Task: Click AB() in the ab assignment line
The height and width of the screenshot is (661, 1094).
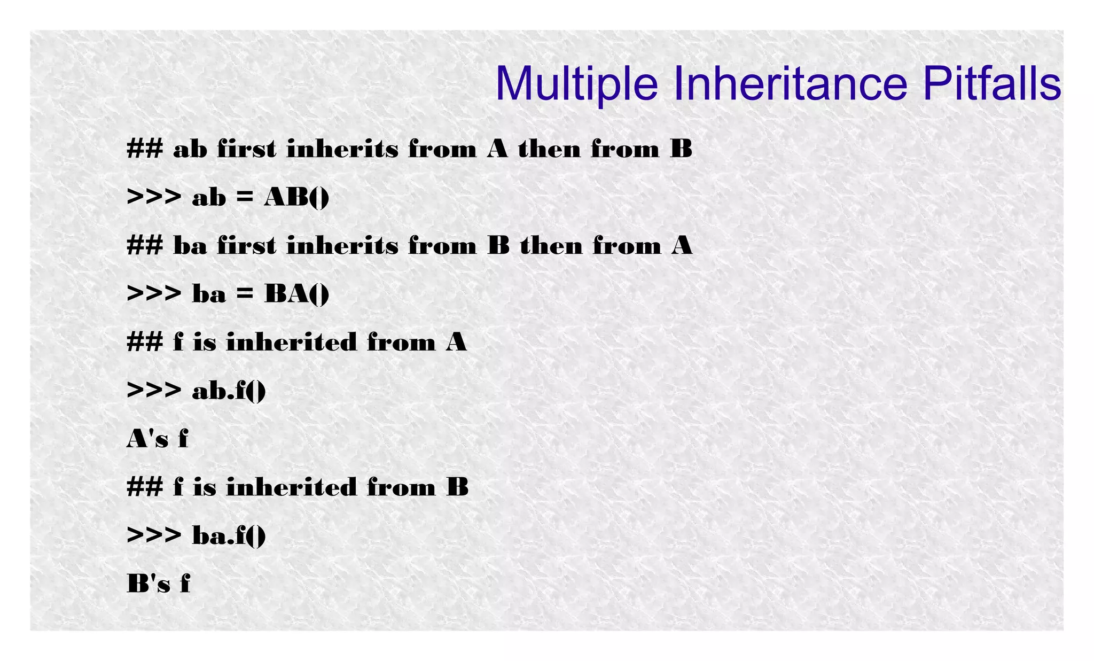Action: point(296,198)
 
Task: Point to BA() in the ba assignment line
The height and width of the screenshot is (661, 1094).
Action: point(296,294)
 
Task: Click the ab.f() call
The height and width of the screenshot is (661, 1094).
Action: point(229,391)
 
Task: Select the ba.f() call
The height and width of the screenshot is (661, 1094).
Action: point(229,535)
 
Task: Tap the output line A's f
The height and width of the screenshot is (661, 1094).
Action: point(158,439)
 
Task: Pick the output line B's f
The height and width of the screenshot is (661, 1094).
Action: point(159,584)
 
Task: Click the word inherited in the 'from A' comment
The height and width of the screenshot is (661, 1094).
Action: point(291,343)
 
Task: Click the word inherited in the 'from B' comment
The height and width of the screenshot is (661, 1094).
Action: point(291,487)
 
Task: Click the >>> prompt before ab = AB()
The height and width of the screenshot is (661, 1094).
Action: point(154,198)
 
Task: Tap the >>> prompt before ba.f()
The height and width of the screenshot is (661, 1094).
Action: point(154,535)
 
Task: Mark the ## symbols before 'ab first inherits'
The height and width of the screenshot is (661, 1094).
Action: point(145,149)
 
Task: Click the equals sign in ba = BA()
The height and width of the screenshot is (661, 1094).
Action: point(245,294)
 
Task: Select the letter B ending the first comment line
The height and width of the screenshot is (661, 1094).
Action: point(681,149)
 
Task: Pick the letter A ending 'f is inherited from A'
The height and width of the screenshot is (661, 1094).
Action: point(456,343)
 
